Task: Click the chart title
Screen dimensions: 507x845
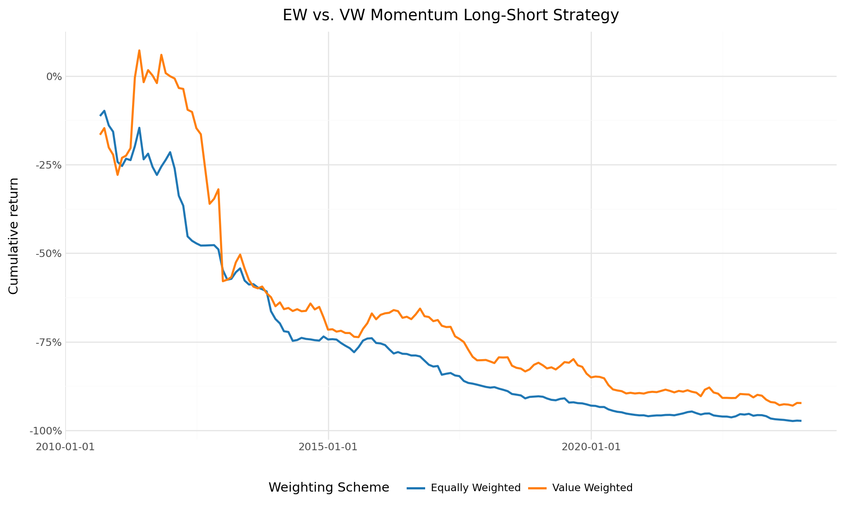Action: pyautogui.click(x=451, y=15)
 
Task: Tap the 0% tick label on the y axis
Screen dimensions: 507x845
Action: pyautogui.click(x=54, y=77)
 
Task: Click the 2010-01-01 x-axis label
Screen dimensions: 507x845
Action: pyautogui.click(x=66, y=446)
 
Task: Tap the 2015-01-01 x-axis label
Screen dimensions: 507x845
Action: pyautogui.click(x=328, y=446)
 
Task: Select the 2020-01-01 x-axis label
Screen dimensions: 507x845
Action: pyautogui.click(x=591, y=446)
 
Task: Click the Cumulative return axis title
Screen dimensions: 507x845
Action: pyautogui.click(x=14, y=236)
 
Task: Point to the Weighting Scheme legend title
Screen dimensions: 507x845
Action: pyautogui.click(x=329, y=488)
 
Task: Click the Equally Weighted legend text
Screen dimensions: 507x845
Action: pyautogui.click(x=475, y=488)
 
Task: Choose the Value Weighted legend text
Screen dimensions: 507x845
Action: pyautogui.click(x=592, y=488)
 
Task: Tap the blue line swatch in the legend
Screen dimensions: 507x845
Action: pyautogui.click(x=416, y=488)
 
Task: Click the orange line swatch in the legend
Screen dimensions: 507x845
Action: pyautogui.click(x=537, y=488)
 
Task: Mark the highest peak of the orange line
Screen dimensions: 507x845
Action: pyautogui.click(x=139, y=50)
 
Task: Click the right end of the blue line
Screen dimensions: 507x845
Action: pyautogui.click(x=801, y=421)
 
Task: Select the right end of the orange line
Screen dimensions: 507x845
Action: pyautogui.click(x=801, y=403)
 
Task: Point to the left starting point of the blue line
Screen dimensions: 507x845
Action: pyautogui.click(x=100, y=116)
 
